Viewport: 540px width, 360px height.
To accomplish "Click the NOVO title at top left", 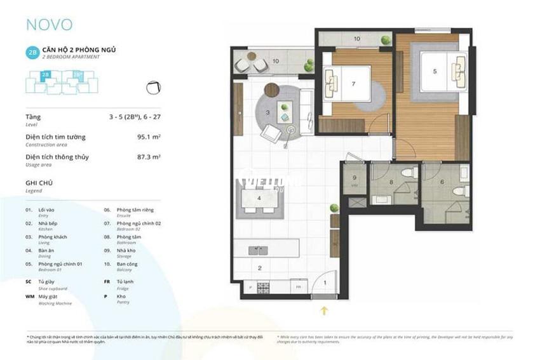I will click(x=49, y=25).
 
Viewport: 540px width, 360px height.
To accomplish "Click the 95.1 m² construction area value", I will click(x=148, y=137).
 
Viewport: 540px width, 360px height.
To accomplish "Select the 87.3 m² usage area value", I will click(x=148, y=157).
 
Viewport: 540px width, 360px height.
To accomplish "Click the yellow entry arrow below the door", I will click(x=325, y=310).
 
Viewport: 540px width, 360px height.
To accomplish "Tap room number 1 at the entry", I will click(x=325, y=283).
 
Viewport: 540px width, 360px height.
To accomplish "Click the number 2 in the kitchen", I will click(x=259, y=268).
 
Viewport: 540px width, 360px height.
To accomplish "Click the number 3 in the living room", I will click(x=268, y=112).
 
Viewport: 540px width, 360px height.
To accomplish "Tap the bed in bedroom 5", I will click(x=442, y=71).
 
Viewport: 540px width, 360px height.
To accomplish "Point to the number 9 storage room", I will click(x=354, y=178).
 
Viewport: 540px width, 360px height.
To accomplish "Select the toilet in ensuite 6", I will click(x=459, y=190).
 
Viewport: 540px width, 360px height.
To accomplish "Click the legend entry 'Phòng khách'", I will click(x=52, y=237).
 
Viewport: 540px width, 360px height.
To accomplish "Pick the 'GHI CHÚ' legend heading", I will click(x=39, y=183).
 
